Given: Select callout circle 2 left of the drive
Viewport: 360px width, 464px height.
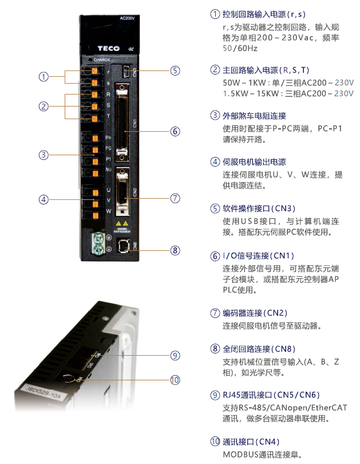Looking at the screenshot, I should tap(43, 106).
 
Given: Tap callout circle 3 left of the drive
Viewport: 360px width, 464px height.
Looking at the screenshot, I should tap(43, 155).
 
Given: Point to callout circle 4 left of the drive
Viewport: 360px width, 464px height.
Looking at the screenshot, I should tap(43, 199).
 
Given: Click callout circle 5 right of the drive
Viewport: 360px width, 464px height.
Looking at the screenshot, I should tap(175, 70).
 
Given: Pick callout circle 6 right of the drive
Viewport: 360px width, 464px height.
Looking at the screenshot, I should tap(175, 131).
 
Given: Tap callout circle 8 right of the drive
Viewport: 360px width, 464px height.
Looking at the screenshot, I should tap(175, 250).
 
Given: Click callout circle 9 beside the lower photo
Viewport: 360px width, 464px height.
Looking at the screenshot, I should tap(175, 355).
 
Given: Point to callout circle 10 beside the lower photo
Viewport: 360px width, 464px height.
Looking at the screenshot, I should tap(175, 379).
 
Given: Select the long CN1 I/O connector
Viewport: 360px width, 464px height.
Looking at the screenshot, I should tap(121, 122).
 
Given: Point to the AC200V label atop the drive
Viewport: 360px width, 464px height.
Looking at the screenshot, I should tap(126, 18).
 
